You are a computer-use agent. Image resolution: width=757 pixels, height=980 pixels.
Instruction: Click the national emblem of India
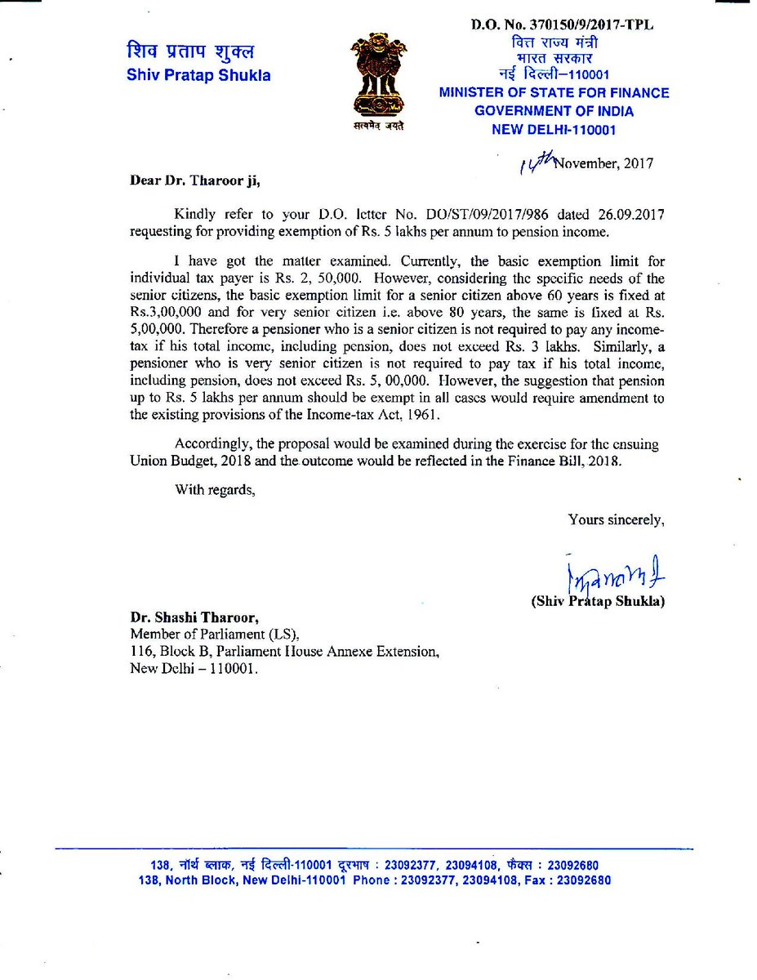pos(377,79)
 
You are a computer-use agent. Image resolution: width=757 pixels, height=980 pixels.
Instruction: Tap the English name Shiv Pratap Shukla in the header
pos(198,76)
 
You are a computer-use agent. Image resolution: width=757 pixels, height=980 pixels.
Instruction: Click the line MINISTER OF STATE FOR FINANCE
pos(554,93)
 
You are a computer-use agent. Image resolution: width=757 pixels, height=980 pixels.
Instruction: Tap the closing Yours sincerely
pos(617,519)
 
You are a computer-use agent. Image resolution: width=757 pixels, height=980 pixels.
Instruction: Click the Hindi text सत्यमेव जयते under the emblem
pos(377,127)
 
